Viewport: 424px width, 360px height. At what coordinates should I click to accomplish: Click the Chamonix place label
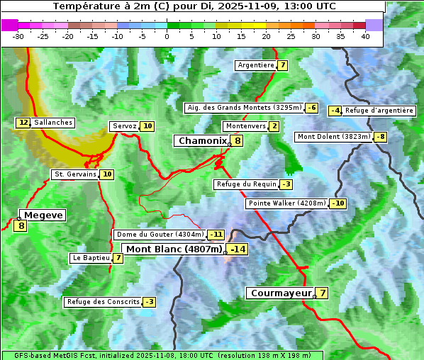pyautogui.click(x=201, y=141)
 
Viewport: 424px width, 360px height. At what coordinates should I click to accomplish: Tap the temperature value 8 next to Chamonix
pyautogui.click(x=238, y=141)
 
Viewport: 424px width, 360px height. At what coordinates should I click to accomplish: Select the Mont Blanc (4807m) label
pyautogui.click(x=174, y=249)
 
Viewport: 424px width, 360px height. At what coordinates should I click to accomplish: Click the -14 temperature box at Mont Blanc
pyautogui.click(x=238, y=249)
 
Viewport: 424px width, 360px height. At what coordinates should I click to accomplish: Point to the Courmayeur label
pyautogui.click(x=281, y=293)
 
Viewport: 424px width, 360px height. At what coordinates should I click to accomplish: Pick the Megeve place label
pyautogui.click(x=43, y=215)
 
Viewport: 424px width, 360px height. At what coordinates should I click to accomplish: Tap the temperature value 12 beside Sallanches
pyautogui.click(x=23, y=123)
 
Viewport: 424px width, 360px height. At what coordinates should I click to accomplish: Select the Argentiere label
pyautogui.click(x=256, y=65)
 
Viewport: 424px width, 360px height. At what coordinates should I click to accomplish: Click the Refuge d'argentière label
pyautogui.click(x=379, y=111)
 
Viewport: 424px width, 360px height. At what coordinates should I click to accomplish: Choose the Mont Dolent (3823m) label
pyautogui.click(x=334, y=137)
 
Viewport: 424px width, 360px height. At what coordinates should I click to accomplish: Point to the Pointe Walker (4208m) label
pyautogui.click(x=286, y=203)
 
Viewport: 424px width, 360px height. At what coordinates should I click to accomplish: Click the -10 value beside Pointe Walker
pyautogui.click(x=337, y=203)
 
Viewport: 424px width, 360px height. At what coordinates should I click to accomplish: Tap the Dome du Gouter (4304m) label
pyautogui.click(x=160, y=235)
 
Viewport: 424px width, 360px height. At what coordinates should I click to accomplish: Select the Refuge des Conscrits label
pyautogui.click(x=104, y=302)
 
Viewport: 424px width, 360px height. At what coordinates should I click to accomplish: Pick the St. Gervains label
pyautogui.click(x=75, y=174)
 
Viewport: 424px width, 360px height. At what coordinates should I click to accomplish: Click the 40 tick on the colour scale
pyautogui.click(x=365, y=36)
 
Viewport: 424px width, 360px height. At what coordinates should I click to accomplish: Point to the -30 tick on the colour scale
pyautogui.click(x=18, y=36)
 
